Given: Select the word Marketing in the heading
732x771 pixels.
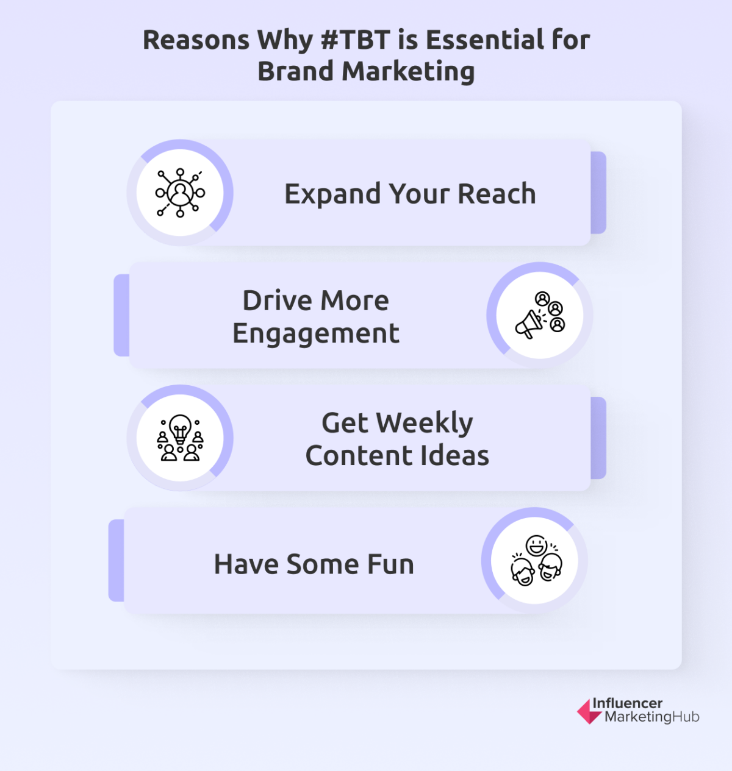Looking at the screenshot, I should pos(408,71).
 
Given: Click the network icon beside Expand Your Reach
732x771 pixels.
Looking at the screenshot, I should pos(180,193).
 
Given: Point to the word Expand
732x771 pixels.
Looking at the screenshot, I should pos(332,194).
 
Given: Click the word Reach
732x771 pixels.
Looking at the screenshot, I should pos(497,194).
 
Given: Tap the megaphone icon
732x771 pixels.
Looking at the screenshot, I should pos(540,315).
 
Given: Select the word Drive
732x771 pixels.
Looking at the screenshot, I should pos(277,300).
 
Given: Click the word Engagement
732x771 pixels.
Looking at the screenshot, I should pos(315,334).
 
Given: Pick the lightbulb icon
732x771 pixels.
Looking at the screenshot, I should pos(180,438).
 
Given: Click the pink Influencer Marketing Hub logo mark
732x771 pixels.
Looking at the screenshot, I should pos(588,711).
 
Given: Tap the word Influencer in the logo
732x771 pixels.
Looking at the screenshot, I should pos(627,703).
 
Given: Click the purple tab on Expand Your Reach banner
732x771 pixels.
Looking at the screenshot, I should pos(598,193).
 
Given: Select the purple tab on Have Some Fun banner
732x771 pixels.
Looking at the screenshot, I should pos(116,561).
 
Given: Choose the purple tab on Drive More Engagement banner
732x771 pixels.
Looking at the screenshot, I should pos(121,315).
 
